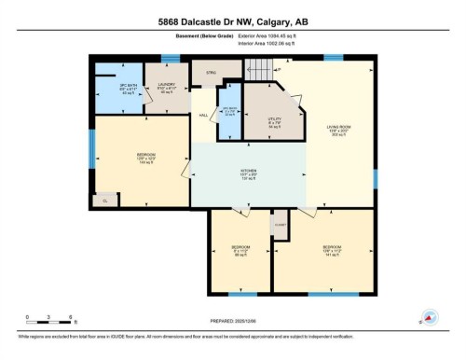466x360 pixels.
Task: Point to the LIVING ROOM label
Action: click(338, 131)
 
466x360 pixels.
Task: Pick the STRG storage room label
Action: click(211, 71)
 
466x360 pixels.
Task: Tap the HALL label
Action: click(203, 115)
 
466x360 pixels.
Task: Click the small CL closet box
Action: click(104, 200)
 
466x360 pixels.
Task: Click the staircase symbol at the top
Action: click(265, 69)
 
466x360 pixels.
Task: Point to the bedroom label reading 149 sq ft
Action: click(145, 158)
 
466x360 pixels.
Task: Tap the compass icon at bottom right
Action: click(431, 318)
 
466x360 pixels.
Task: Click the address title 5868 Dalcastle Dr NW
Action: click(233, 23)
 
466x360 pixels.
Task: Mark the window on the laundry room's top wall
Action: click(169, 59)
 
